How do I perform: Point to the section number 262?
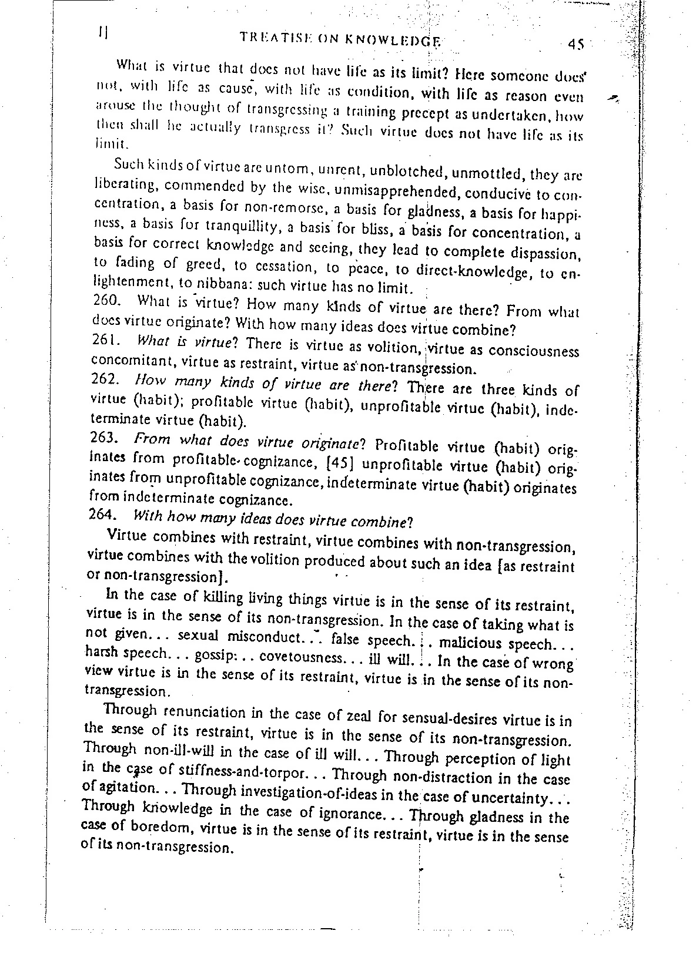[106, 379]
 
